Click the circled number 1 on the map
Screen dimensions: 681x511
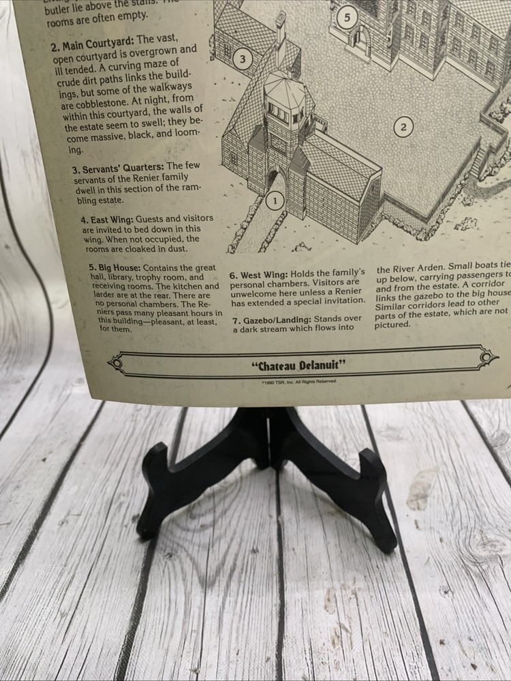(274, 201)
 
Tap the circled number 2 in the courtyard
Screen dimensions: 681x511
(403, 127)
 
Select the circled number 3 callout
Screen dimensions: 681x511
(242, 59)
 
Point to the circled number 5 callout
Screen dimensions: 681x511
(347, 18)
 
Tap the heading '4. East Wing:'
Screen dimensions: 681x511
(106, 219)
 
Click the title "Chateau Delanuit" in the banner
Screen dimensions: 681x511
(298, 366)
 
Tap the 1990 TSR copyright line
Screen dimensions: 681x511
(298, 382)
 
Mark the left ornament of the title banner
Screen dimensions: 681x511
(117, 365)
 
